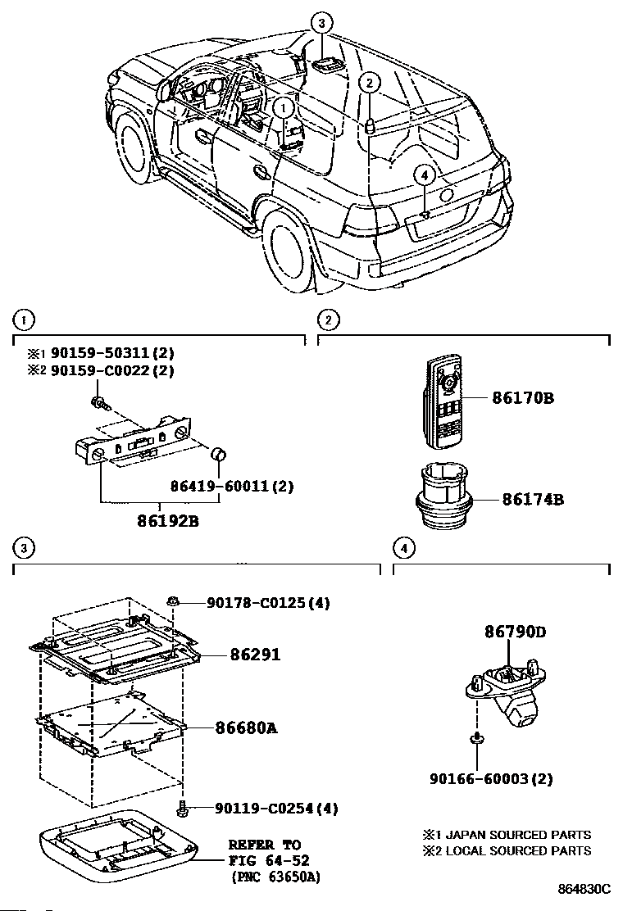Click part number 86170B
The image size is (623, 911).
(522, 398)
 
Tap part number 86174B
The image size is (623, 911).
(532, 499)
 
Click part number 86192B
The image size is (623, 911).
(168, 520)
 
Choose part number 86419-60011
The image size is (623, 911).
(221, 486)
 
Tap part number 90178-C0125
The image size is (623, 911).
(256, 602)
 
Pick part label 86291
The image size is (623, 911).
(255, 655)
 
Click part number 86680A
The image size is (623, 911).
(247, 727)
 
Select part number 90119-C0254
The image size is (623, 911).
(265, 808)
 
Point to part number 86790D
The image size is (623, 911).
(516, 632)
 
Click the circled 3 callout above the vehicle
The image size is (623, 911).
(322, 23)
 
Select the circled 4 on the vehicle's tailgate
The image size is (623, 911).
(425, 174)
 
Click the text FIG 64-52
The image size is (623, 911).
(269, 860)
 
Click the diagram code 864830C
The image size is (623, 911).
(584, 889)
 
